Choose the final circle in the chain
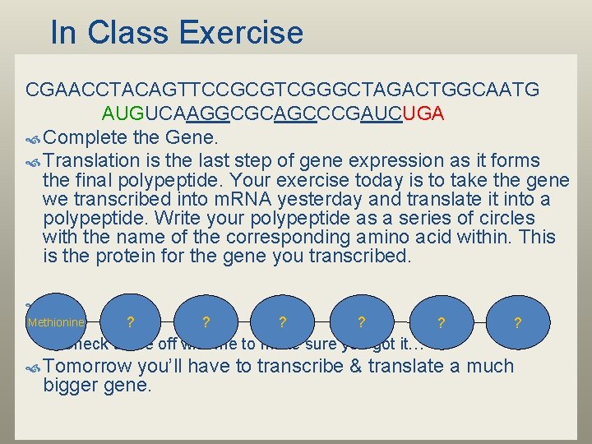pos(517,323)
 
